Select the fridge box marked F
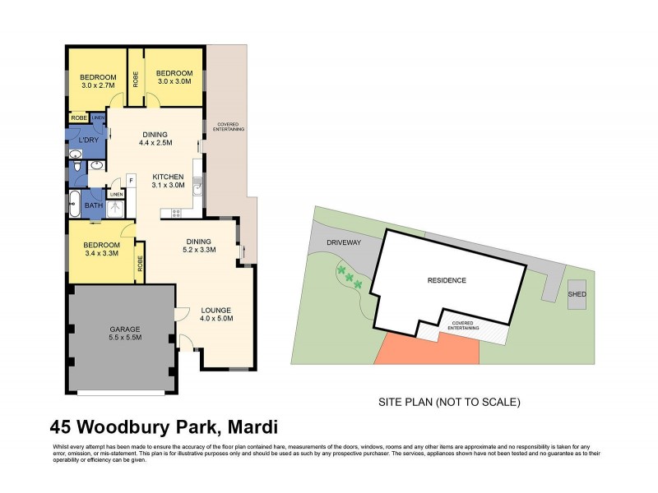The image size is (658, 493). coord(130,180)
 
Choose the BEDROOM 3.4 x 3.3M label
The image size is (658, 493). coord(100,249)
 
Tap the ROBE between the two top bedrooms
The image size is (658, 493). coord(136,79)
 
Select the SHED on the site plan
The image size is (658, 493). coord(576,295)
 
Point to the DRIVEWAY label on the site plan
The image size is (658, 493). coord(345,243)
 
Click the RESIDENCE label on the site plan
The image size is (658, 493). coord(447,280)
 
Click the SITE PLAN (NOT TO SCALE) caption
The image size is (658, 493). coord(449,403)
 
